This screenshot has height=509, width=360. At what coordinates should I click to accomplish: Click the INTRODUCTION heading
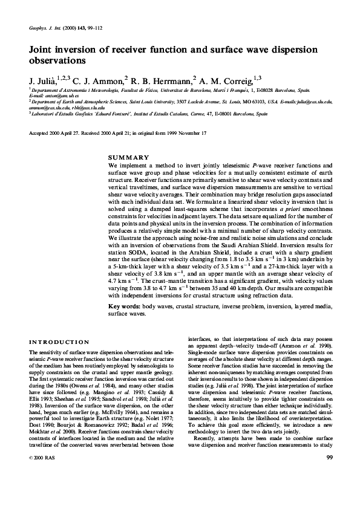tap(55, 342)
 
